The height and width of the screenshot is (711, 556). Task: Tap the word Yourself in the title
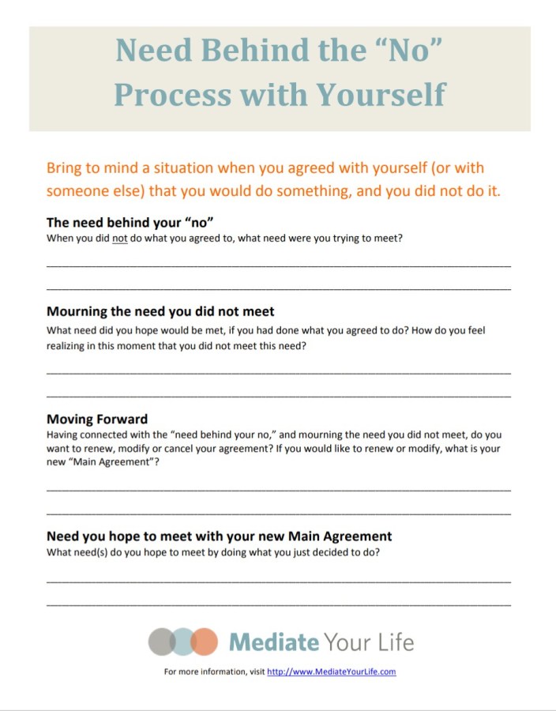tap(381, 95)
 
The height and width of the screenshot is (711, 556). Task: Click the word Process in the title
tap(171, 95)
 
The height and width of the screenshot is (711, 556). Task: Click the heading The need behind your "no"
tap(130, 222)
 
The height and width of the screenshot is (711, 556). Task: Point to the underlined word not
tap(120, 238)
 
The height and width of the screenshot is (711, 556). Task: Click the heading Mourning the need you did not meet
tap(160, 311)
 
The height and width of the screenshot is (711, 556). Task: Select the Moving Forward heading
tap(97, 419)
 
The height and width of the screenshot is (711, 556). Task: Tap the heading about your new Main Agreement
tap(219, 536)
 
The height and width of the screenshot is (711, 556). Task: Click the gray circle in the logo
tap(160, 641)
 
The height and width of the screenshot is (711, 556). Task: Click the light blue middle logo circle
tap(182, 641)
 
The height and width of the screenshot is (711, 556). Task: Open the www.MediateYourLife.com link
tap(331, 671)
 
